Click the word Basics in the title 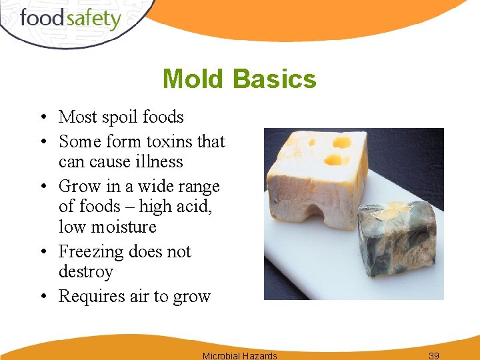point(275,79)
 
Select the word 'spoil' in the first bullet point(121,117)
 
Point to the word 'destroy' point(86,271)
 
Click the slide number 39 point(433,355)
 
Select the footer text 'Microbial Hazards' point(239,355)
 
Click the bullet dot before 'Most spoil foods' point(42,118)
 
